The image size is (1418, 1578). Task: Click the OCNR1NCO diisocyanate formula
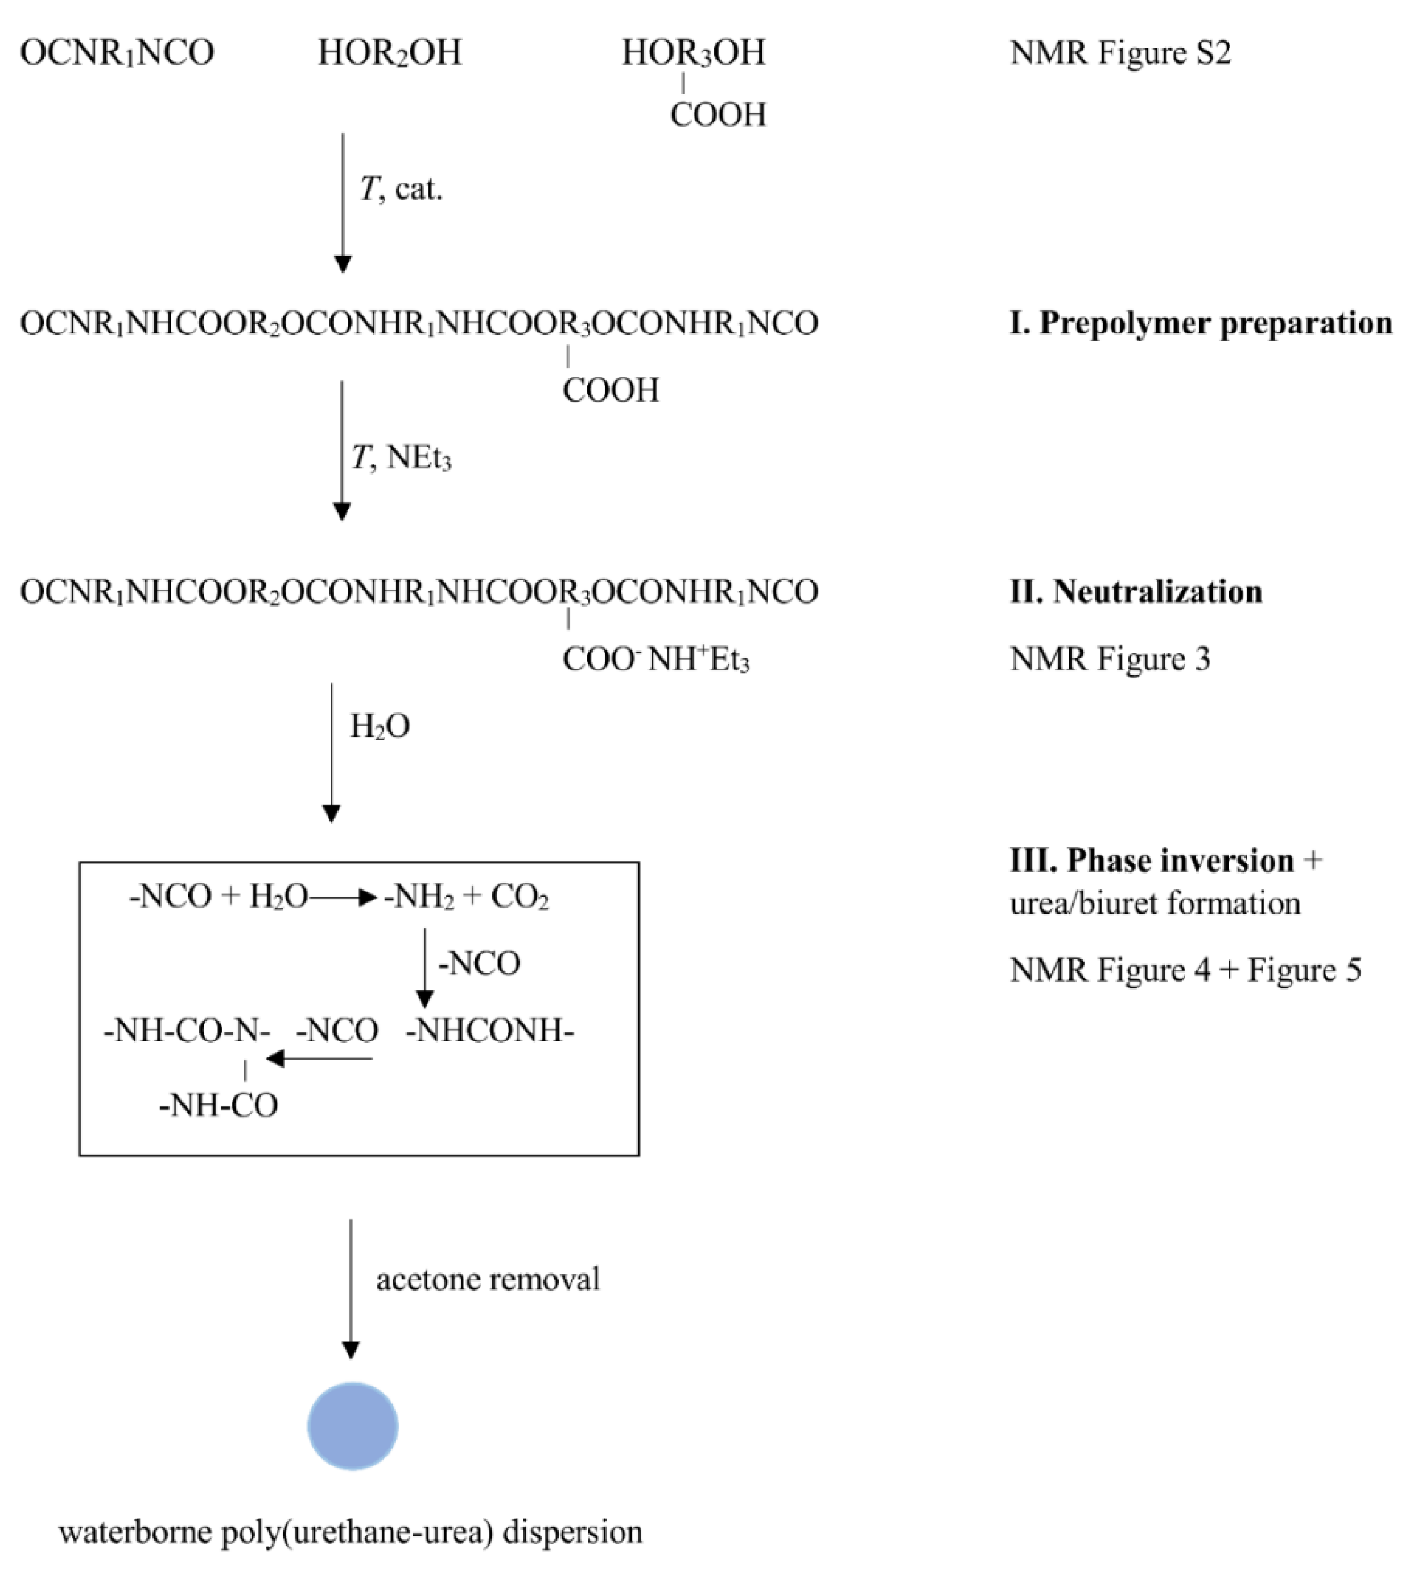coord(117,53)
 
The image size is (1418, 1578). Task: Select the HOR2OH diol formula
coord(390,53)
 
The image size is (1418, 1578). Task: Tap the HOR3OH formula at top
coord(694,53)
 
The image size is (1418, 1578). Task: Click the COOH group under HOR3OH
coord(718,116)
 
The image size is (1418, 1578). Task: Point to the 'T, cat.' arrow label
coord(401,189)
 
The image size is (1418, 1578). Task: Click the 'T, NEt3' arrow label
coord(401,458)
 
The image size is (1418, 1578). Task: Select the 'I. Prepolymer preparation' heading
coord(1200,323)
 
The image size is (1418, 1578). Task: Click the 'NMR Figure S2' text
coord(1120,53)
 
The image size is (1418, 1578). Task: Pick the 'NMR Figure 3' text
coord(1110,659)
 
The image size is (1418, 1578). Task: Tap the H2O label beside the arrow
coord(380,726)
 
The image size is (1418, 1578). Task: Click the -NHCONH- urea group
coord(489,1031)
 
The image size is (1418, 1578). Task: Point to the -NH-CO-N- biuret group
coord(187,1031)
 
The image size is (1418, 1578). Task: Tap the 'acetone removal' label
coord(488,1280)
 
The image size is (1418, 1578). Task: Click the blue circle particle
coord(352,1426)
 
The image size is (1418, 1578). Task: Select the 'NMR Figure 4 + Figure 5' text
coord(1184,970)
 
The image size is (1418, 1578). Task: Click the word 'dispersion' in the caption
coord(572,1531)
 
